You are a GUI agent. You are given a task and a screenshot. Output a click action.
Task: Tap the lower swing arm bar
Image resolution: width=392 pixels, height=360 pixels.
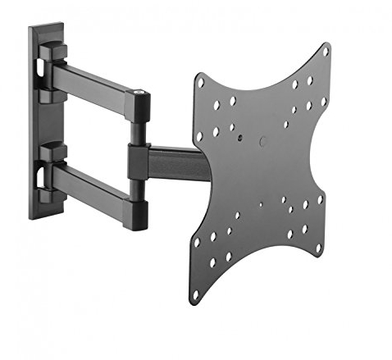pyautogui.click(x=90, y=182)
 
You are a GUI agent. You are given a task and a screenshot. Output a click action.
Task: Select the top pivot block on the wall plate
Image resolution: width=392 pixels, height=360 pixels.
pyautogui.click(x=52, y=56)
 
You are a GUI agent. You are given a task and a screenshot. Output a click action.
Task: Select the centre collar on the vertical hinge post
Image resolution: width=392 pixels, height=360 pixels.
pyautogui.click(x=137, y=161)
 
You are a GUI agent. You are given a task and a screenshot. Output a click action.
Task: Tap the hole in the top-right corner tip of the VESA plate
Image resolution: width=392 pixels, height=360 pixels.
pyautogui.click(x=325, y=52)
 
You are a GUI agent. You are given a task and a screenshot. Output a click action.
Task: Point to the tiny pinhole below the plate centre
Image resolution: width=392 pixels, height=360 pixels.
pyautogui.click(x=260, y=206)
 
